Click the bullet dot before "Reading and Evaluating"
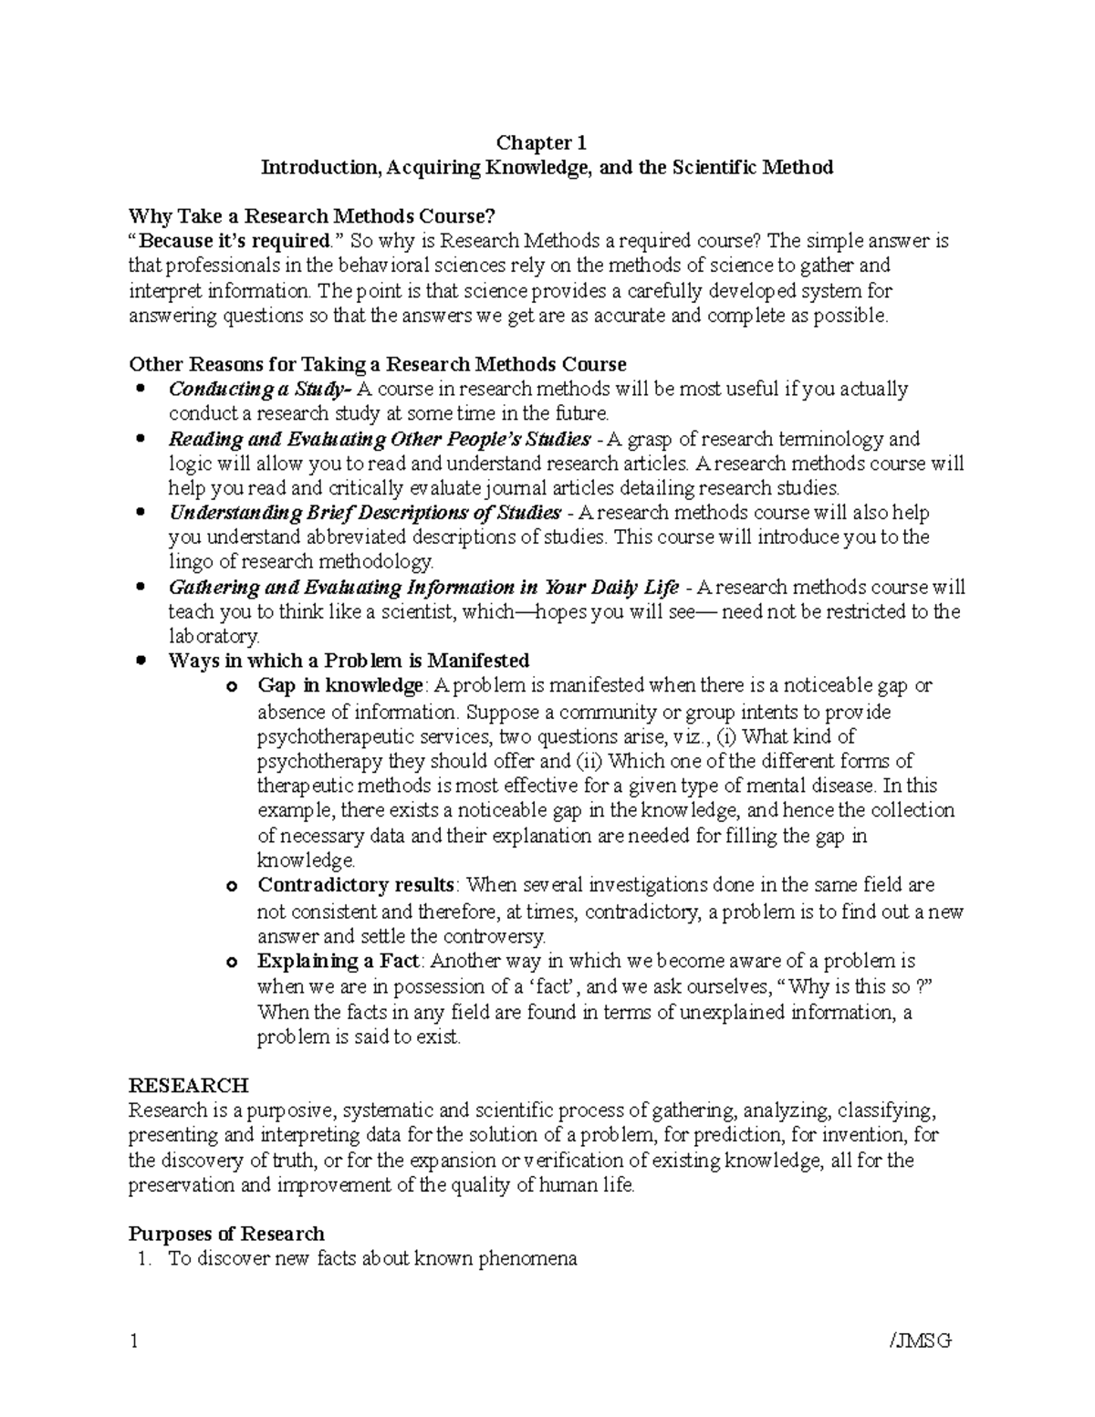(141, 439)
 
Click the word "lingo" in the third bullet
(191, 562)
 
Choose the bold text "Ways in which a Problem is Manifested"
(349, 661)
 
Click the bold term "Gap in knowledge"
(340, 685)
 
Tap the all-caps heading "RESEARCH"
(189, 1085)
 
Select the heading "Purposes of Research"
(226, 1234)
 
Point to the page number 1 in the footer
(134, 1340)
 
